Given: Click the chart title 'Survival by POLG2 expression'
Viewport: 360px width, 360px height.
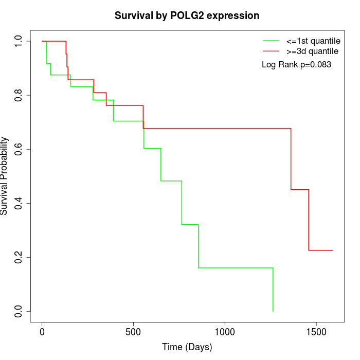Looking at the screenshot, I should coord(187,15).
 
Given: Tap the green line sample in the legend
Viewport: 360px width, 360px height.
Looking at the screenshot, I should coord(271,40).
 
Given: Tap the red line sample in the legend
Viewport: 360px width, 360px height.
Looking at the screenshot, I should coord(271,51).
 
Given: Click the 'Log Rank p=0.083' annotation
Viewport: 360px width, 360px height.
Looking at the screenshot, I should coord(296,65).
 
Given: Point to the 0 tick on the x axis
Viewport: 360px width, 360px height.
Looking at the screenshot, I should coord(42,332).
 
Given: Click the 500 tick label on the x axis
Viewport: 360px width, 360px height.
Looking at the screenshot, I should coord(133,332).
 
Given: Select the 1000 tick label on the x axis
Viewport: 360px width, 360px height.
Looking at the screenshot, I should coord(225,332).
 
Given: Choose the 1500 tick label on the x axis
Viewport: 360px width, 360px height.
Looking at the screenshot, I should coord(316,332).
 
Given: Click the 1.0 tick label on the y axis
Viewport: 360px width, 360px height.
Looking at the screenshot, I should coord(19,41).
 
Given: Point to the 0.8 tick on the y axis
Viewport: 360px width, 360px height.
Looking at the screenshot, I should coord(19,95).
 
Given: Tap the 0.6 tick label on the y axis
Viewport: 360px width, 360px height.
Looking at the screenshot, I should coord(19,149).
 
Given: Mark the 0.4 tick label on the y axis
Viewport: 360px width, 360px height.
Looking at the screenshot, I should coord(19,203).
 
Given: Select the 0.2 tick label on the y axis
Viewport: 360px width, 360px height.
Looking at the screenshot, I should coord(19,257).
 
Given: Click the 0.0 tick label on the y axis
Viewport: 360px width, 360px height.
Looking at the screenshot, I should coord(19,311).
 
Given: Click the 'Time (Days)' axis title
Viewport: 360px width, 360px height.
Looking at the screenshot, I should coord(187,347).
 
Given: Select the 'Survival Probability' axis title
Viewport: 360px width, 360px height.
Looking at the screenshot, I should coord(5,176).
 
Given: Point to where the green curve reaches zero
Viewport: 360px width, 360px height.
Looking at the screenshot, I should coord(273,311).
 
